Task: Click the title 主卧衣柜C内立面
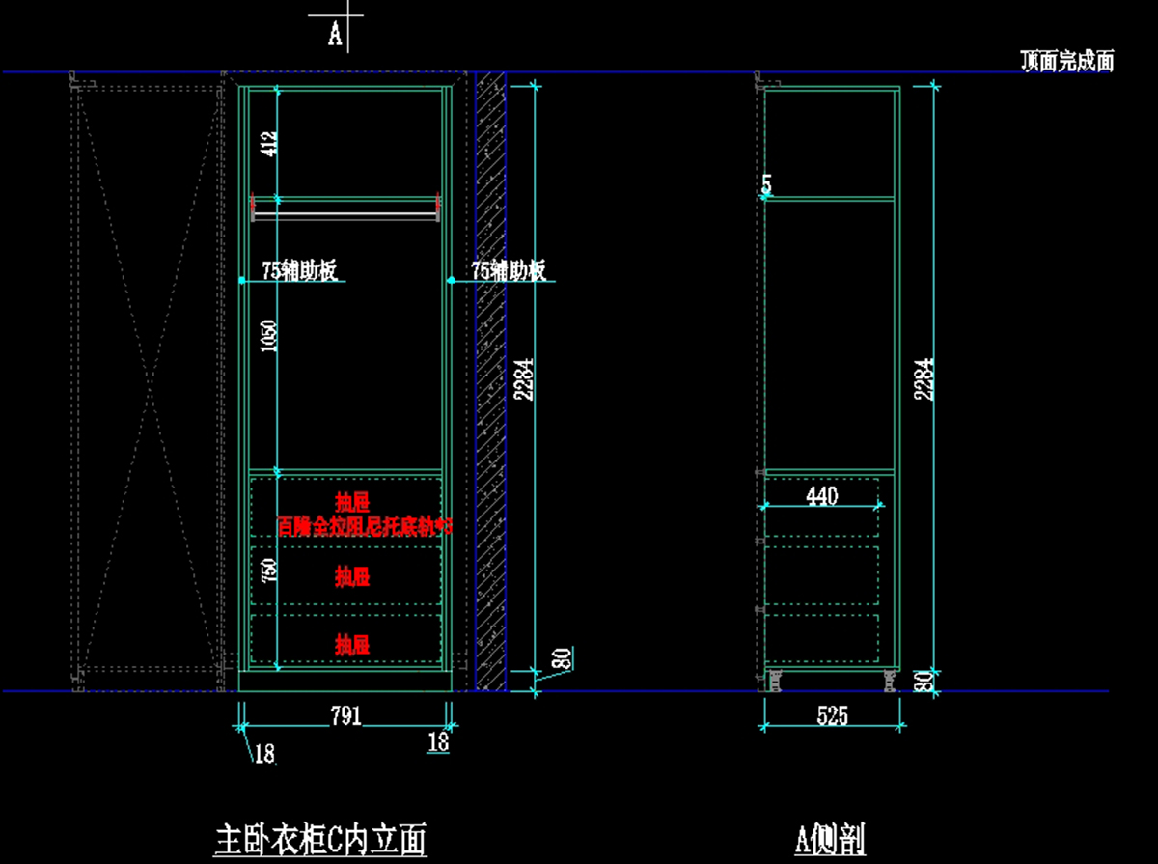point(319,839)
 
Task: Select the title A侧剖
point(830,839)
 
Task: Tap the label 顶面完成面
point(1067,62)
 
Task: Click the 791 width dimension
point(345,715)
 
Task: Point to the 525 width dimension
point(832,715)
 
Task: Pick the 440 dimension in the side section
point(821,496)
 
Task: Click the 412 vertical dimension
point(270,144)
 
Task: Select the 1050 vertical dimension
point(270,336)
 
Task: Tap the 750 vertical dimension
point(270,571)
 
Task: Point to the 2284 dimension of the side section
point(924,379)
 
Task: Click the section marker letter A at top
point(335,35)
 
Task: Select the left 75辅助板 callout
point(299,271)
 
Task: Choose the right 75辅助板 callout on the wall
point(509,271)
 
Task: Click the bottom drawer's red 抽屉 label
point(352,644)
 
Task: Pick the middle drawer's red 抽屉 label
point(352,577)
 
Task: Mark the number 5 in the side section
point(766,183)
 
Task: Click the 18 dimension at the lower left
point(263,754)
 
